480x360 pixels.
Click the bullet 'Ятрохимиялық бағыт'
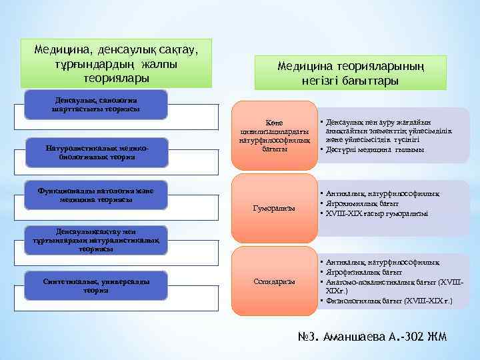(363, 203)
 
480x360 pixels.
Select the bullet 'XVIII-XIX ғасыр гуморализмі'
(377, 213)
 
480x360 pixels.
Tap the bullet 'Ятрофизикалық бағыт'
(364, 273)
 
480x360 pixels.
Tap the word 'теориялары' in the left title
(116, 78)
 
